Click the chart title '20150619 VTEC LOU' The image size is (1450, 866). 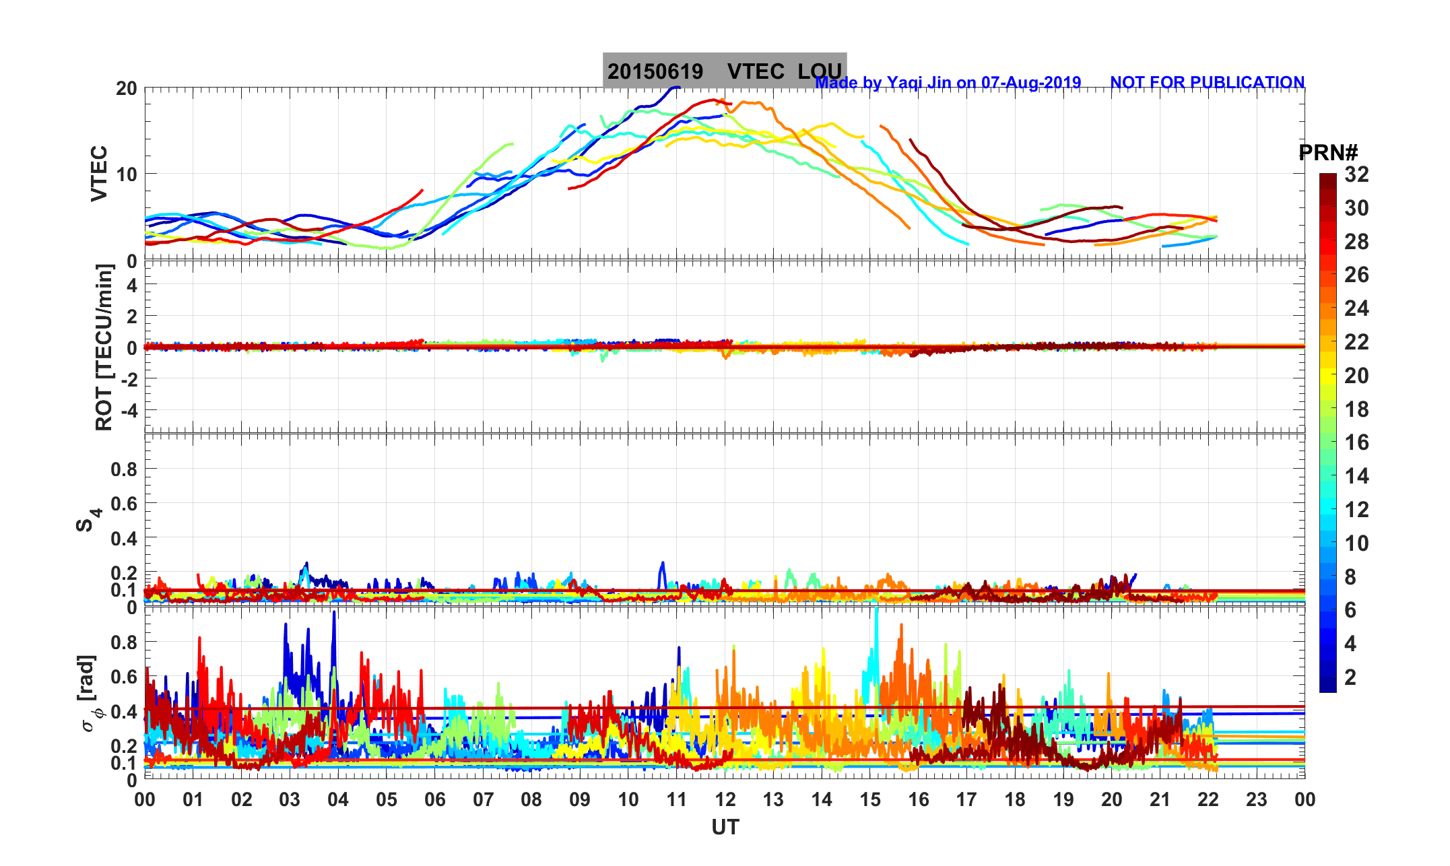[x=724, y=71]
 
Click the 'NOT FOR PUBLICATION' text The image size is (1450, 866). [x=1207, y=83]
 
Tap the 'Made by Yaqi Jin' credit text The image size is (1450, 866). [x=948, y=83]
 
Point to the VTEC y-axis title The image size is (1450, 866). [x=99, y=173]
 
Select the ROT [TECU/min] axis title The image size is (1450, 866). [x=104, y=347]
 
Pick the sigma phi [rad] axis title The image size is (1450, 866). [x=88, y=693]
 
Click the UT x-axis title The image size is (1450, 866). [x=725, y=827]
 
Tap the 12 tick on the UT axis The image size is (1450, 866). [x=725, y=800]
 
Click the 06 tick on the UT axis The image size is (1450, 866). [x=435, y=800]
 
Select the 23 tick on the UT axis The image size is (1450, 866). [x=1257, y=800]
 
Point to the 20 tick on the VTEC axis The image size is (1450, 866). [x=126, y=88]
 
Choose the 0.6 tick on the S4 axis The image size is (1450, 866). [x=124, y=503]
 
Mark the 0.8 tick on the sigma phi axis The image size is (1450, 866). [x=124, y=642]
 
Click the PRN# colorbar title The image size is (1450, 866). [x=1327, y=154]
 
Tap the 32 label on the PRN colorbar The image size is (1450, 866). [x=1356, y=174]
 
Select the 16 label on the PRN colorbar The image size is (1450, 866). [x=1356, y=442]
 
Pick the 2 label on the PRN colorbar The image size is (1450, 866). [x=1350, y=677]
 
